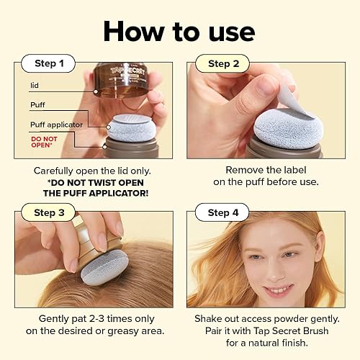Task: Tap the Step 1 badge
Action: (x=49, y=63)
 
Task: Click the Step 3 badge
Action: (x=49, y=212)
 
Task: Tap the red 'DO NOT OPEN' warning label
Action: (x=44, y=141)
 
